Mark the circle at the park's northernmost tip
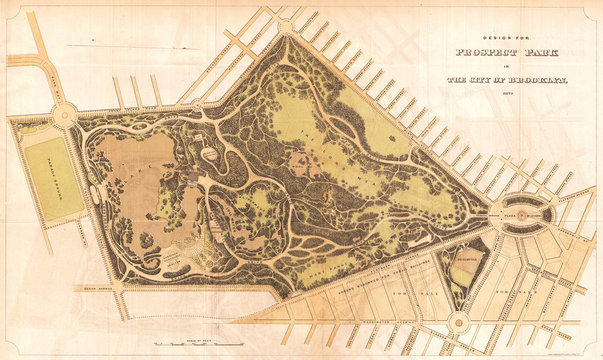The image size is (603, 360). pyautogui.click(x=286, y=26)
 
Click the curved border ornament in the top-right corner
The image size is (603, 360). pyautogui.click(x=590, y=13)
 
